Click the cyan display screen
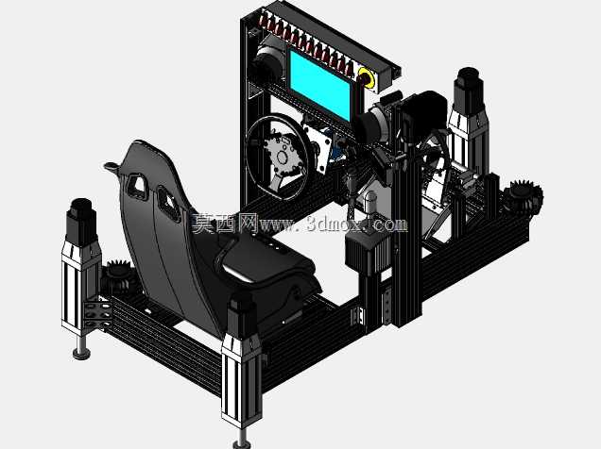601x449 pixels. coord(319,85)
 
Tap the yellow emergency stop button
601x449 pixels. coord(367,77)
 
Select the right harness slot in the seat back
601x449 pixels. coord(168,204)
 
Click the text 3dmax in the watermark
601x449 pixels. coord(334,224)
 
